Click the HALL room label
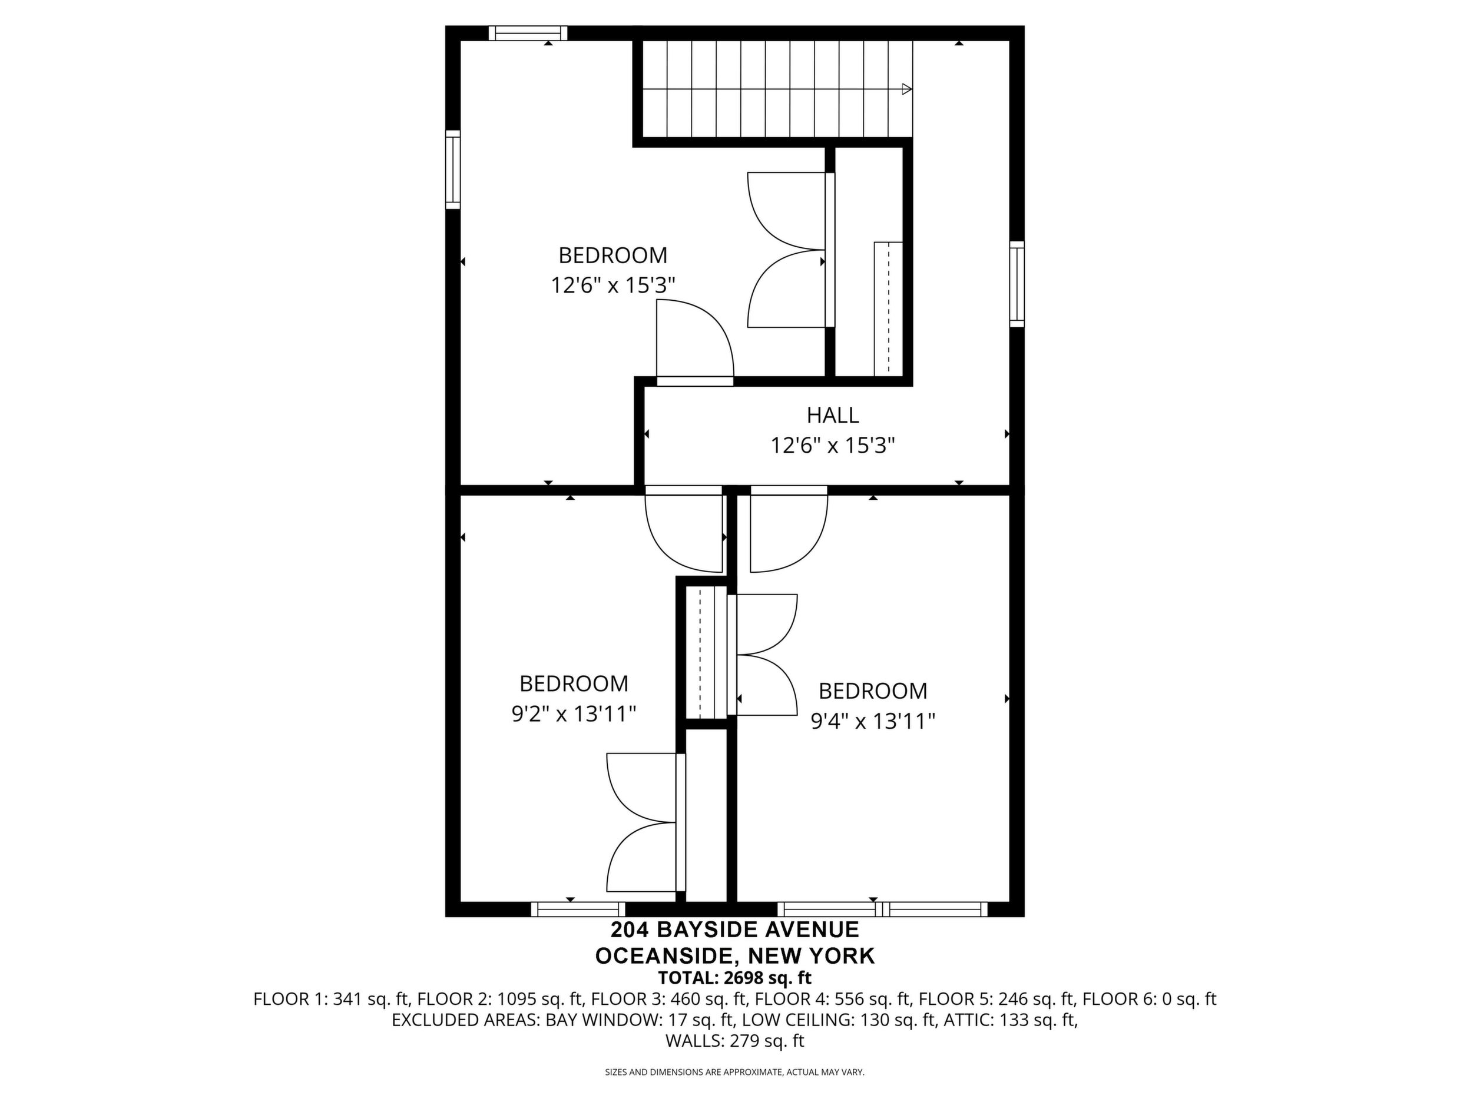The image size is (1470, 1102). [x=833, y=415]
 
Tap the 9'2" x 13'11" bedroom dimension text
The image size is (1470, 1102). [x=574, y=714]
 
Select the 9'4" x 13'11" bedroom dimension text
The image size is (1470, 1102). [x=873, y=721]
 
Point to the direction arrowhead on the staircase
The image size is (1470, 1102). [x=906, y=89]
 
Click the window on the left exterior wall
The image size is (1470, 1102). [x=452, y=170]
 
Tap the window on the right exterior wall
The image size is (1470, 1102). [x=1017, y=284]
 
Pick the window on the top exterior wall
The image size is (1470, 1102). [x=528, y=33]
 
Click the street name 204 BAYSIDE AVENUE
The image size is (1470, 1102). [x=735, y=930]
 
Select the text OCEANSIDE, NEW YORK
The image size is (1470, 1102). [x=735, y=956]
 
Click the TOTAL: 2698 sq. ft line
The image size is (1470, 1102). [x=735, y=978]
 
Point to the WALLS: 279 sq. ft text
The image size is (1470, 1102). [x=735, y=1041]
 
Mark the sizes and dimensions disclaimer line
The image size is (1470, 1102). [x=735, y=1072]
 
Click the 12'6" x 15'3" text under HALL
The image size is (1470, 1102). [x=833, y=445]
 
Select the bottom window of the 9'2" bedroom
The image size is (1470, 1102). [x=578, y=910]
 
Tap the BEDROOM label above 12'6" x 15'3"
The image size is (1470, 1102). [x=612, y=255]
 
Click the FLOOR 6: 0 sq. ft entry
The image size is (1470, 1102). [x=1150, y=999]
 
